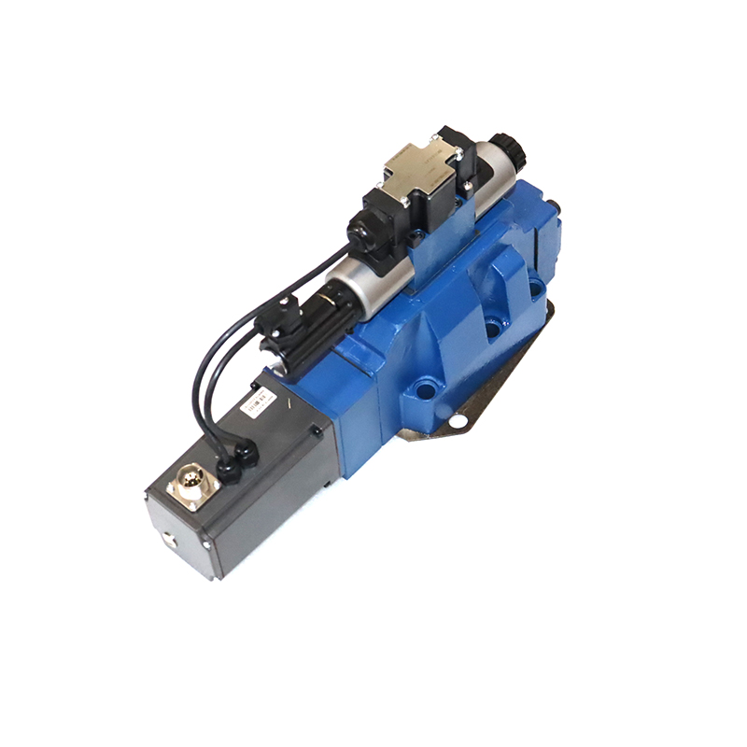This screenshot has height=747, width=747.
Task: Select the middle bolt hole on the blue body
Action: (x=492, y=329)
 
